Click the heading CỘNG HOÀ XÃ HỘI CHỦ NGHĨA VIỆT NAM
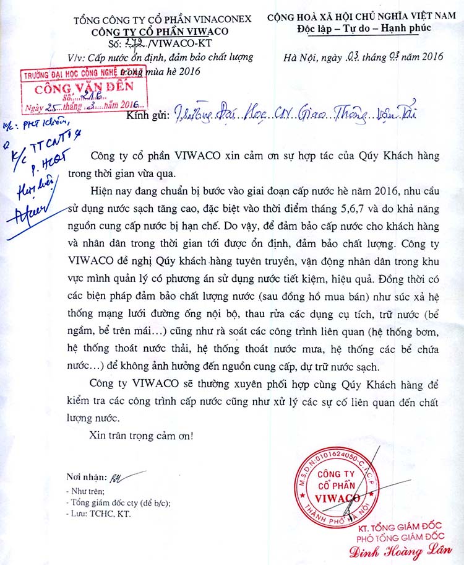(x=364, y=19)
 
